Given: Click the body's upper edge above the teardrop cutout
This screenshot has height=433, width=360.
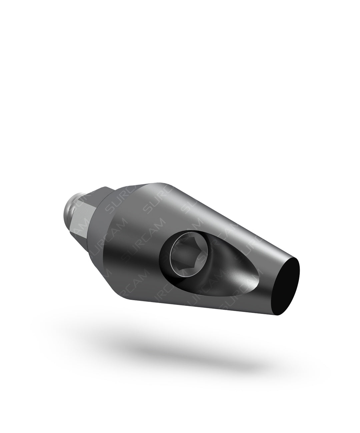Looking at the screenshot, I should tap(217, 213).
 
